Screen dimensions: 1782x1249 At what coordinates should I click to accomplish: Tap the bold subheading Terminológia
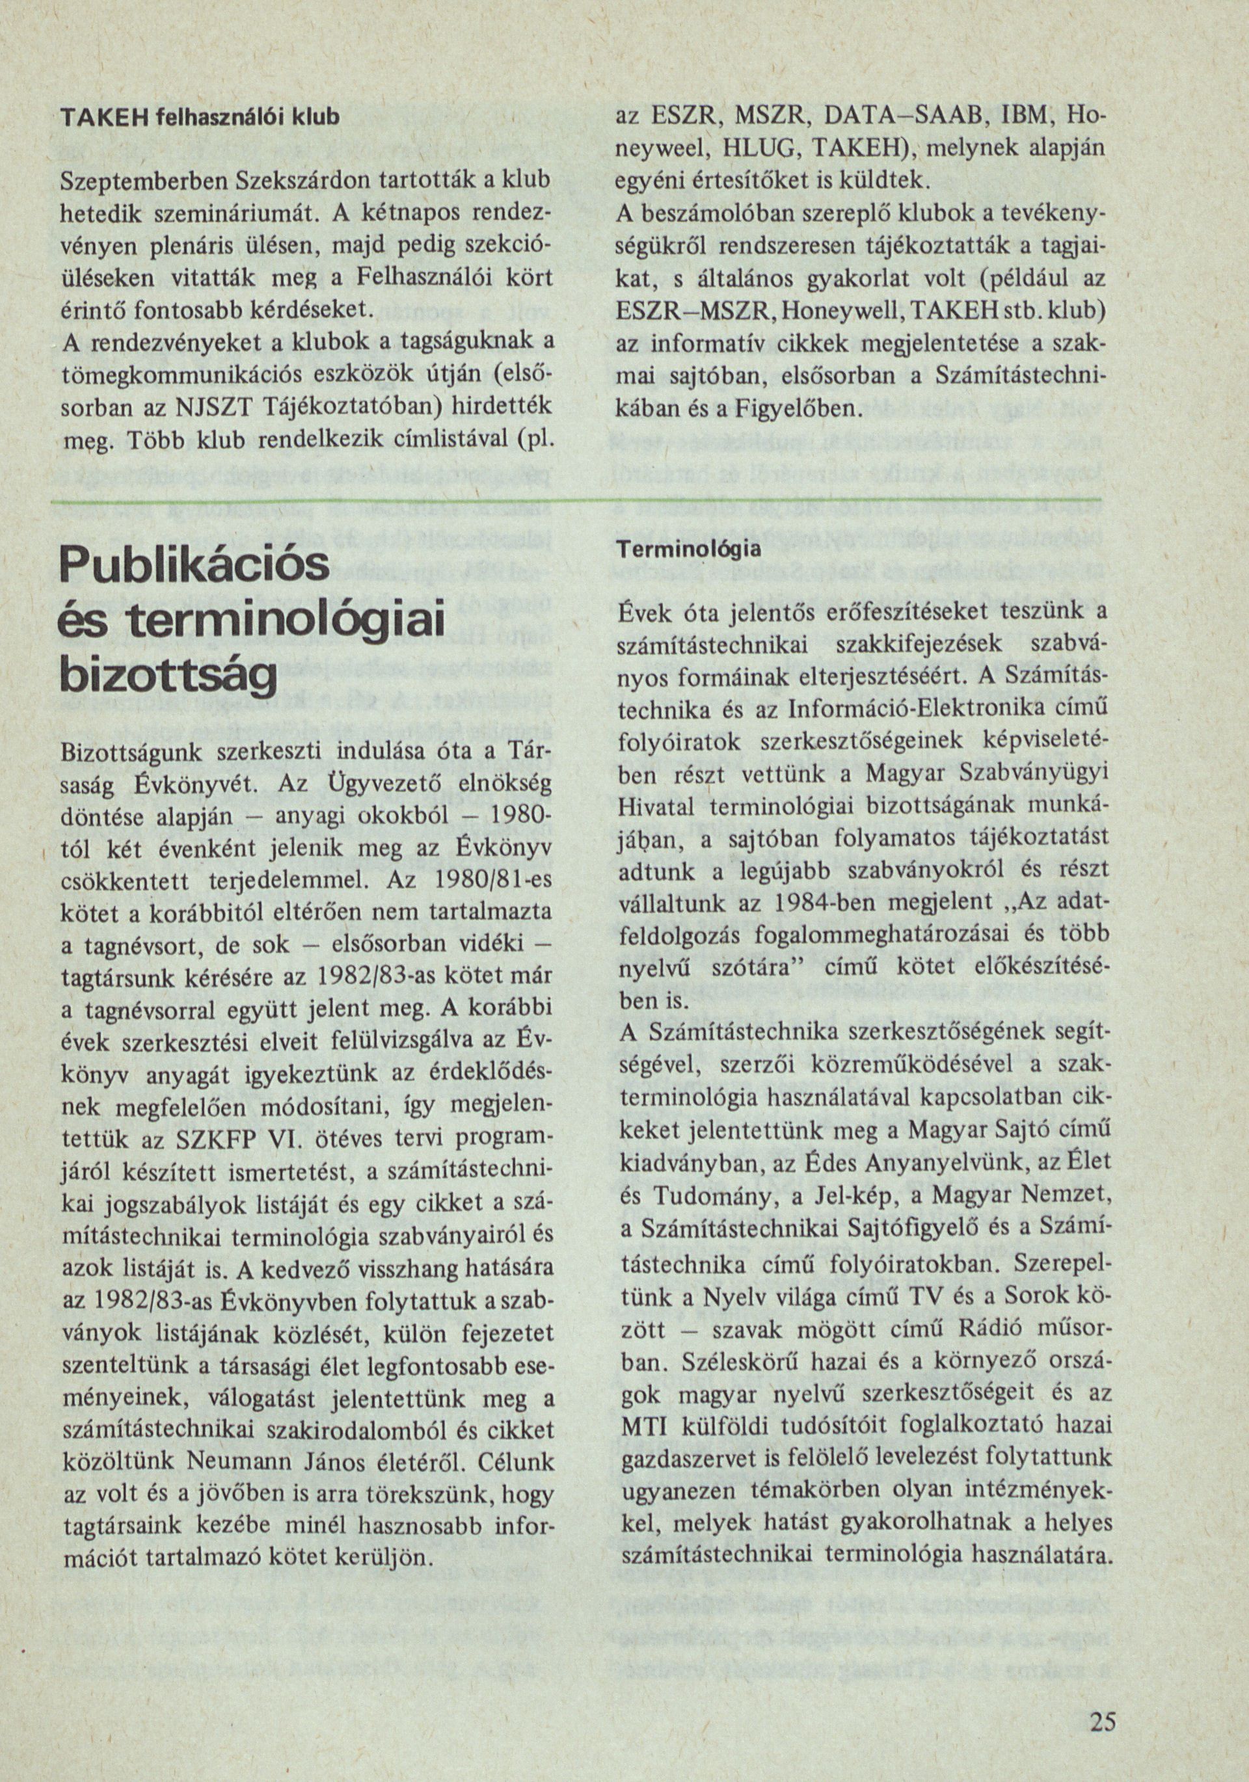[688, 550]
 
